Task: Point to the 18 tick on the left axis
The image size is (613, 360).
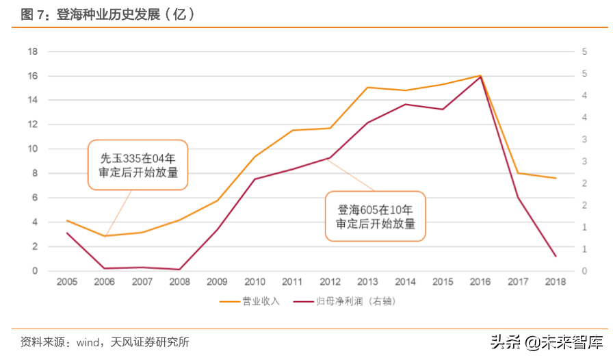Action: tap(32, 52)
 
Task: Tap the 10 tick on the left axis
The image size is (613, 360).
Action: tap(32, 149)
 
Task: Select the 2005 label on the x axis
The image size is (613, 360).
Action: tap(66, 281)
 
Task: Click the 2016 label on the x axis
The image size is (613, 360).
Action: tap(480, 281)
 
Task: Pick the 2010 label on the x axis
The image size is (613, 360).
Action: tap(255, 281)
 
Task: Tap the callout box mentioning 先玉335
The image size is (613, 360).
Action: tap(139, 166)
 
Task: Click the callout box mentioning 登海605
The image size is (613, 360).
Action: tap(376, 216)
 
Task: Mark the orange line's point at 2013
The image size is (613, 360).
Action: tap(367, 88)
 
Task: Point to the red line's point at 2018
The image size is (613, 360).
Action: tap(556, 257)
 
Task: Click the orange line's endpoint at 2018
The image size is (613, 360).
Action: tap(556, 178)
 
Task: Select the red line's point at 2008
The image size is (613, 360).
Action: tap(179, 270)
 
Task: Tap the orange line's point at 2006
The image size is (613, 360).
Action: tap(104, 236)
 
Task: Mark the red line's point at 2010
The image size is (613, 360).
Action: tap(255, 179)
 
